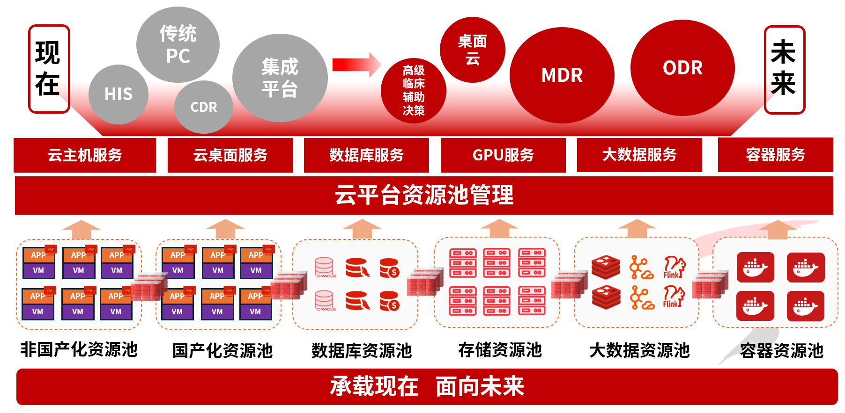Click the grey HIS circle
(119, 94)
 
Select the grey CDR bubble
(204, 107)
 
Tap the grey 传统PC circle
(178, 44)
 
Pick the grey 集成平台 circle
(280, 78)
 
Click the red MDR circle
(562, 75)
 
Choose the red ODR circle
(682, 68)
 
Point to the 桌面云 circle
(472, 50)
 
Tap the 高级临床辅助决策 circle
(413, 91)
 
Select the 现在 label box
(49, 69)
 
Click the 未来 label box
(784, 70)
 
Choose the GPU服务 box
(503, 155)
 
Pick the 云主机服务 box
(85, 155)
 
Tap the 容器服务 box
(775, 155)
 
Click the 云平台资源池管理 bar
(424, 195)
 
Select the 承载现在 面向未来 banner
(427, 386)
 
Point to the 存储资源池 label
(500, 350)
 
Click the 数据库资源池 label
(362, 350)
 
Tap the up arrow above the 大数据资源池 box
(637, 228)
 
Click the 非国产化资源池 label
(79, 349)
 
